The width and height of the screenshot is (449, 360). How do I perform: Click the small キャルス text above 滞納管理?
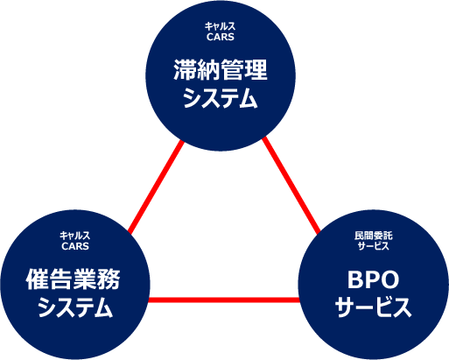[220, 26]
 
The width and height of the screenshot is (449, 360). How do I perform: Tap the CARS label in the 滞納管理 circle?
[221, 37]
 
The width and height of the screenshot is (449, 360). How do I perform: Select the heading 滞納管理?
[221, 70]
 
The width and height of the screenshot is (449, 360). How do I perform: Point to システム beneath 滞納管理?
[221, 99]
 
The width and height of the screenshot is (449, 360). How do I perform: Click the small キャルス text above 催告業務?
[75, 236]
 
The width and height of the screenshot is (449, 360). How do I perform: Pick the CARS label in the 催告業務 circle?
[75, 246]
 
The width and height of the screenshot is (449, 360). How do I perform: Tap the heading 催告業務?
[73, 279]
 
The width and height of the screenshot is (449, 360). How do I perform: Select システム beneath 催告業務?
[75, 307]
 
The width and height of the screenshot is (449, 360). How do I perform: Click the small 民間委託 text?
[374, 236]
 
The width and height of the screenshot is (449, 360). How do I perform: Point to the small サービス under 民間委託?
[374, 246]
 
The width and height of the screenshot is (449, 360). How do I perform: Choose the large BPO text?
[373, 279]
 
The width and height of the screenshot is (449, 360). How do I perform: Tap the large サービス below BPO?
[374, 307]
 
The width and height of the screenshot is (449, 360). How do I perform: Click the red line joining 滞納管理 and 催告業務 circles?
[156, 187]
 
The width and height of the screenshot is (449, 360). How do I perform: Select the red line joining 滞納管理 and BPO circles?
[291, 186]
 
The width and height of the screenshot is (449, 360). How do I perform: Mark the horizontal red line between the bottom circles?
[224, 300]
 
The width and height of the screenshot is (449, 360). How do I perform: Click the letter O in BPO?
[389, 279]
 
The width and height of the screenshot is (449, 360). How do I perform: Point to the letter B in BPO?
[354, 279]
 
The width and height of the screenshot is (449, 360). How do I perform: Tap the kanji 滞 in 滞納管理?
[185, 70]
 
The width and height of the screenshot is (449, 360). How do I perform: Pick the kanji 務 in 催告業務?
[109, 279]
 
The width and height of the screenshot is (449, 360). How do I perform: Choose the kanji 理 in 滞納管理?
[256, 70]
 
